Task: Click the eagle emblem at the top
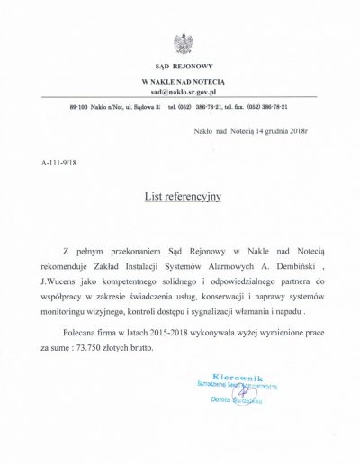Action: (x=182, y=42)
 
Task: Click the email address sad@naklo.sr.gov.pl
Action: (x=182, y=92)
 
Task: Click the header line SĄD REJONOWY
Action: (x=182, y=67)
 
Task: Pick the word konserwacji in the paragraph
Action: (x=221, y=297)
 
